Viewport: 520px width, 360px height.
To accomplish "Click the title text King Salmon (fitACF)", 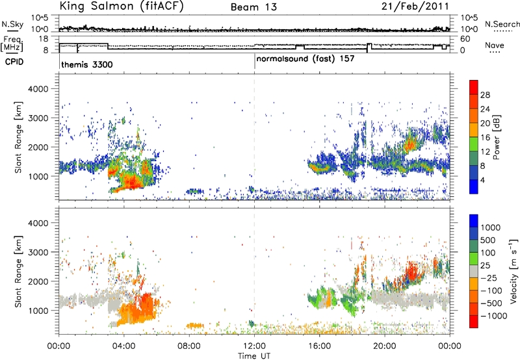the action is pos(122,6).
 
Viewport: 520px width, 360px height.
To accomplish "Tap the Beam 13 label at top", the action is pos(253,7).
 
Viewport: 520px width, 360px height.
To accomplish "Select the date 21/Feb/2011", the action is pos(415,6).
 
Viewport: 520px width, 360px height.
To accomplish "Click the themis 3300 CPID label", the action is pos(87,64).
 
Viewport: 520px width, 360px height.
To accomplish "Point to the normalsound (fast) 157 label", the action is pos(305,59).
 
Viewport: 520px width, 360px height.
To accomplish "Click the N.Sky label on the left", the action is pos(12,25).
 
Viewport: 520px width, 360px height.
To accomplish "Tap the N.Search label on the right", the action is pos(502,24).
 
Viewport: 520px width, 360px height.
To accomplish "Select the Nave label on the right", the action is pos(495,45).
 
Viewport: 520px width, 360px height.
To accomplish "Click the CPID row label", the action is pos(14,62).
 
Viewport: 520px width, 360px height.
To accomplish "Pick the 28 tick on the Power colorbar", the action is pos(485,95).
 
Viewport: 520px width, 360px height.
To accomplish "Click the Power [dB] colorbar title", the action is pos(496,137).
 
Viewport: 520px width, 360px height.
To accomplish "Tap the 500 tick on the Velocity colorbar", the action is pos(488,240).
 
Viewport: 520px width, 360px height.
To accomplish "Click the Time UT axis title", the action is pos(254,356).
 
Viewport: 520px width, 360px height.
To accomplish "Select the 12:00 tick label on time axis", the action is pos(254,346).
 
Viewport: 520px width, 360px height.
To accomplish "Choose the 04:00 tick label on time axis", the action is pos(124,346).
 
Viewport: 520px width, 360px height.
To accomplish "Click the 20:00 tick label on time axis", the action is pos(385,346).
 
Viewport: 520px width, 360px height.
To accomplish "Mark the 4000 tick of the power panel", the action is pos(40,89).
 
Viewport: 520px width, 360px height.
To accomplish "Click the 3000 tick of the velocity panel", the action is pos(40,252).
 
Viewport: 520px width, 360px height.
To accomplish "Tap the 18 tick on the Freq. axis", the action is pos(44,39).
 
